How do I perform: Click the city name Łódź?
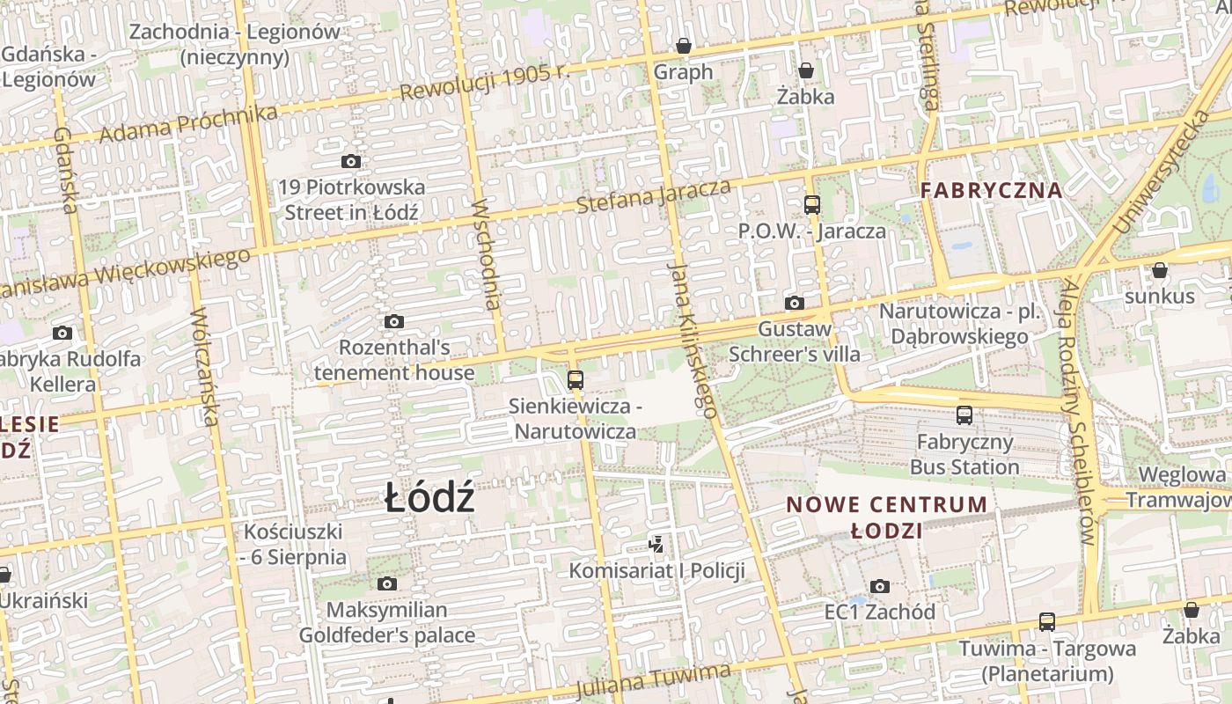point(430,499)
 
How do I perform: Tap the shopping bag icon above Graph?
point(684,46)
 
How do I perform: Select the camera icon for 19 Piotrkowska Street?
point(351,161)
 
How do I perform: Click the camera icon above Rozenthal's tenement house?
point(394,321)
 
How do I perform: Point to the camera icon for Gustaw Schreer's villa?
point(795,303)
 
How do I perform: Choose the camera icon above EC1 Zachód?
point(880,586)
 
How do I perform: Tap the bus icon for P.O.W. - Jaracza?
point(811,205)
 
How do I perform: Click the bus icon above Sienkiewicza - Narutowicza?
point(576,380)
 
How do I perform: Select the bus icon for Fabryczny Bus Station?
point(964,414)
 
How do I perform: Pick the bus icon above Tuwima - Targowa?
point(1047,622)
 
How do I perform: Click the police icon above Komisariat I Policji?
point(656,545)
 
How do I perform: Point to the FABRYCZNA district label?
point(992,190)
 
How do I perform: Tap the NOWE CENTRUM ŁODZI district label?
point(887,517)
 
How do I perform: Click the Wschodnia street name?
point(487,255)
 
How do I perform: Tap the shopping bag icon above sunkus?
point(1160,270)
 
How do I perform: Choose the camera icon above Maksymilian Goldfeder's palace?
point(386,583)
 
